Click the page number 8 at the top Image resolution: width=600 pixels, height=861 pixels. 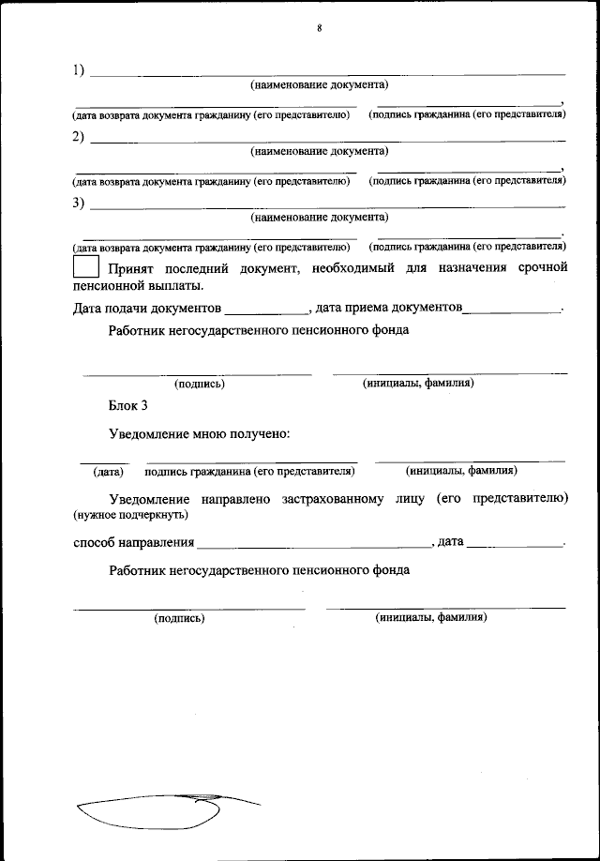click(x=319, y=28)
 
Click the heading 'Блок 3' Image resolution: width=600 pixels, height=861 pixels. click(x=127, y=406)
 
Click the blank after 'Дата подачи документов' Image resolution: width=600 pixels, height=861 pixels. click(x=267, y=309)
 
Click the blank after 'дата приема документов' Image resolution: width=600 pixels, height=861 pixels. click(x=512, y=309)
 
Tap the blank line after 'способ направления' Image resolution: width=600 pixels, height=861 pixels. click(x=313, y=543)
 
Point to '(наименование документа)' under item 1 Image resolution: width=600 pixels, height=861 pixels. click(x=319, y=85)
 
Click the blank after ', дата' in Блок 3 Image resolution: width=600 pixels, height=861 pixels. click(x=515, y=543)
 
